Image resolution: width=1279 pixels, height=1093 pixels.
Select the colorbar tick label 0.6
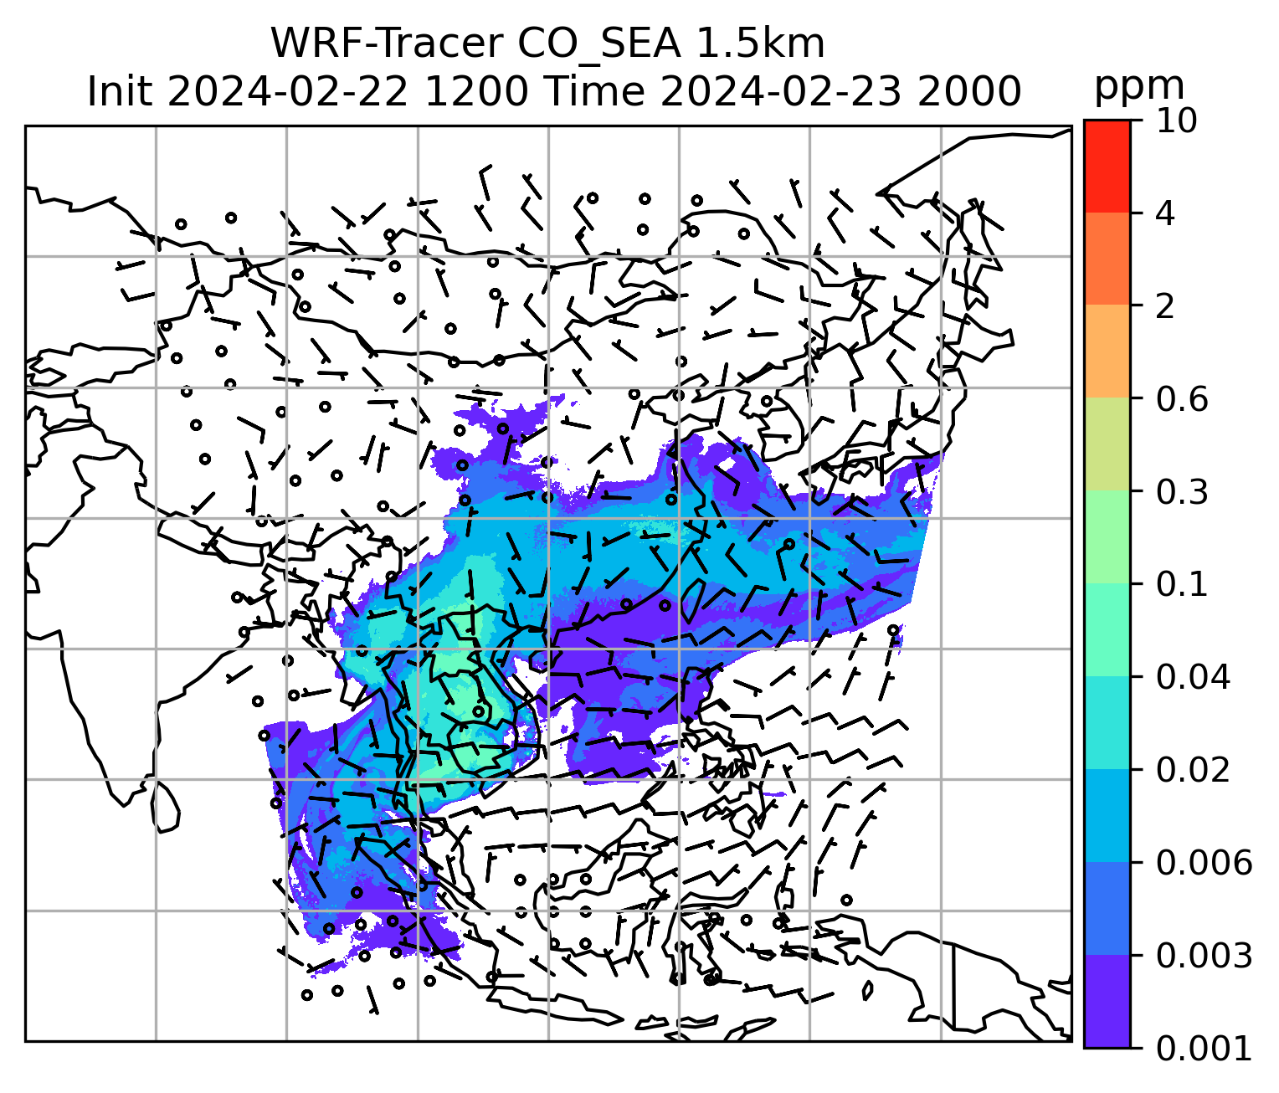point(1183,399)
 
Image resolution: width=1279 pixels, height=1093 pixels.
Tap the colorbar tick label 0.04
point(1193,676)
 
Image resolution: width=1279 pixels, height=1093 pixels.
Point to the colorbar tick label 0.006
point(1204,862)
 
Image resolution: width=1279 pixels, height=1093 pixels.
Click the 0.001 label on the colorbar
point(1204,1048)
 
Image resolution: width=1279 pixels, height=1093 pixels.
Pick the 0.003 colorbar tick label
point(1204,955)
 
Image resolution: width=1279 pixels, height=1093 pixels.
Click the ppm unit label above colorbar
point(1139,86)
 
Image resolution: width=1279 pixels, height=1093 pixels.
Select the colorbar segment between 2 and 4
point(1107,259)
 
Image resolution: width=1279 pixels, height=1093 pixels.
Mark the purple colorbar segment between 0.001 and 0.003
point(1107,1001)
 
